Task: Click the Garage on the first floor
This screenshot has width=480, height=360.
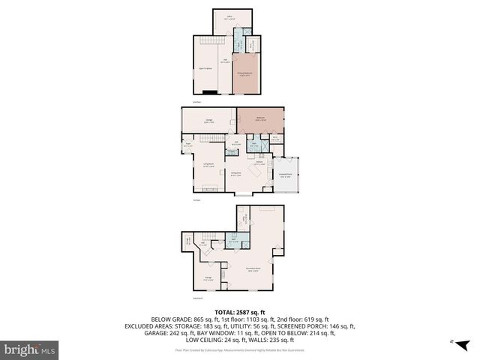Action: point(208,120)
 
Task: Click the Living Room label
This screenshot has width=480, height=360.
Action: point(209,166)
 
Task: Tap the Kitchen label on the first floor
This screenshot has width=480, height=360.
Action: point(259,163)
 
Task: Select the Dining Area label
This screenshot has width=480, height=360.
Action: point(235,175)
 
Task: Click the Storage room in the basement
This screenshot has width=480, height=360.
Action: point(208,279)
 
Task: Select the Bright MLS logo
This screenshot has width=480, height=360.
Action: point(30,349)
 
